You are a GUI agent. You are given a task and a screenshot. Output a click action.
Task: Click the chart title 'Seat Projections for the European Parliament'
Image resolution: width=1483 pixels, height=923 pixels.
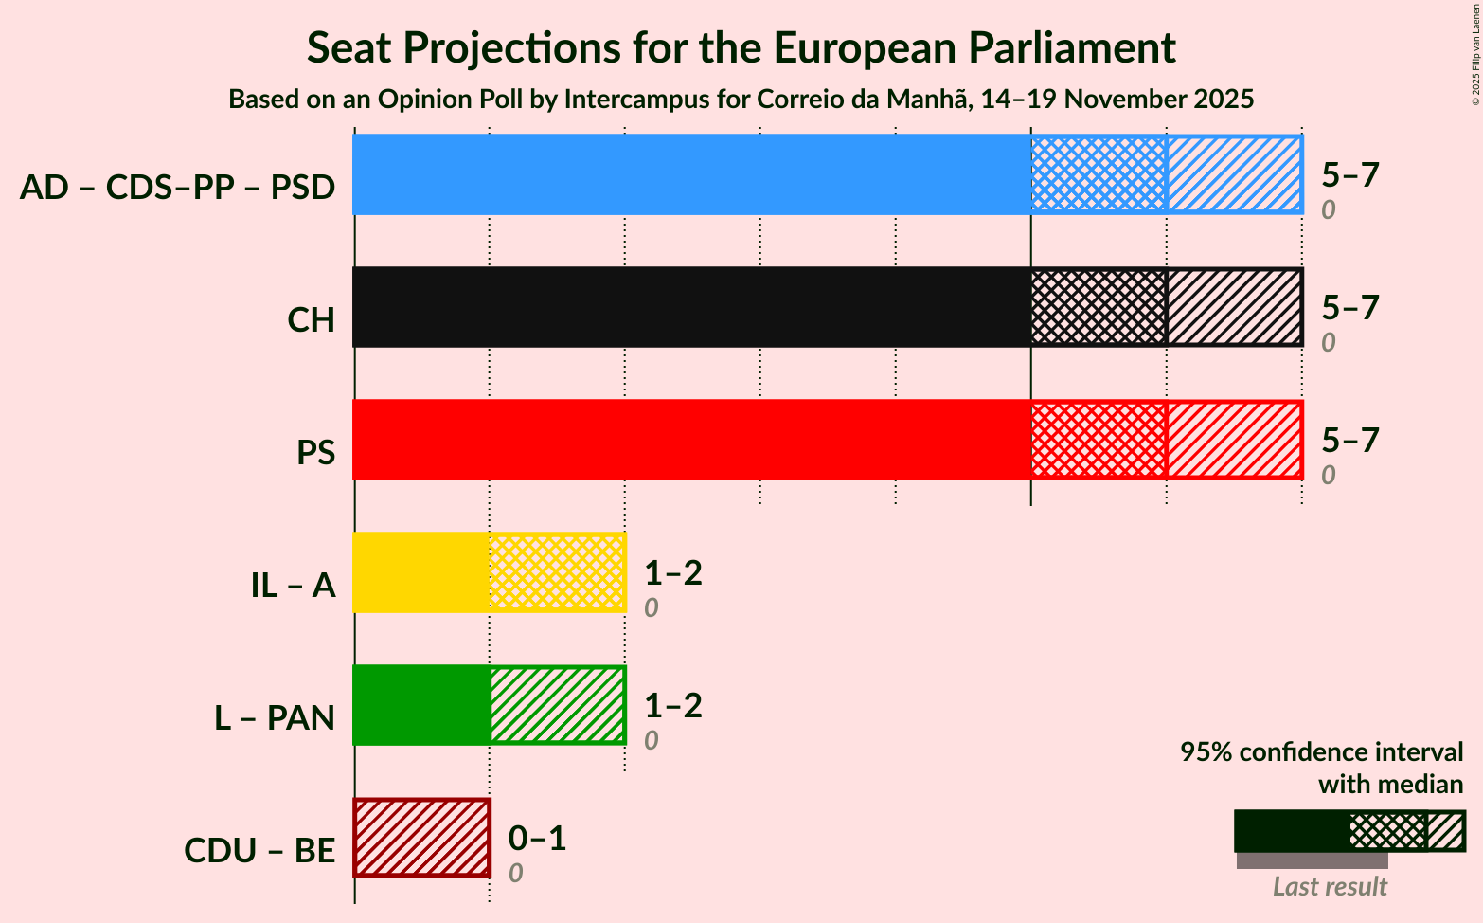(741, 47)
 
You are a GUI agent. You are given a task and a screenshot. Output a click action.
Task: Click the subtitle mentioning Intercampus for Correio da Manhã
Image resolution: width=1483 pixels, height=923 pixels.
(741, 100)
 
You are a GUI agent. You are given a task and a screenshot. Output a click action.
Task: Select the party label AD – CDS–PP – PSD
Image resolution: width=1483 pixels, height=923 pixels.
(177, 188)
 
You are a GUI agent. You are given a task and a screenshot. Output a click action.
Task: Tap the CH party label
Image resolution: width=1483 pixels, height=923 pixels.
(312, 320)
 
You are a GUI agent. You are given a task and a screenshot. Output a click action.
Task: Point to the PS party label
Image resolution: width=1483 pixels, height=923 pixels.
(315, 453)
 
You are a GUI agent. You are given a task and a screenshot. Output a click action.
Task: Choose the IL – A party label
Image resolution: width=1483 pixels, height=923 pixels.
(293, 586)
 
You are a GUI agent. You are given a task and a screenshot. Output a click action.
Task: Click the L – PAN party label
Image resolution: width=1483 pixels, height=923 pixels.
(275, 718)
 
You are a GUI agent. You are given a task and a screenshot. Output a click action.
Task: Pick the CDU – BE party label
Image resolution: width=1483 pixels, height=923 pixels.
(259, 851)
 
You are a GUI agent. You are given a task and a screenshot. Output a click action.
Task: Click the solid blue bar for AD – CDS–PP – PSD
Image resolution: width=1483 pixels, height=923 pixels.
(691, 174)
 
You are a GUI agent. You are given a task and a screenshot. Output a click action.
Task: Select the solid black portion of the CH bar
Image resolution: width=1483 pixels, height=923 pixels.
(691, 307)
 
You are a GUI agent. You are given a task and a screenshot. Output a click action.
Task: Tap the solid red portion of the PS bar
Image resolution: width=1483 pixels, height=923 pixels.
(691, 440)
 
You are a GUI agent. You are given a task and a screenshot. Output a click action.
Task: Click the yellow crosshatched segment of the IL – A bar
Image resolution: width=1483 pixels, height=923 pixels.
(557, 572)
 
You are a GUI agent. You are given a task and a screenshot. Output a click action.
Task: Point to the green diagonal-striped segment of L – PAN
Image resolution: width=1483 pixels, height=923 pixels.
(557, 705)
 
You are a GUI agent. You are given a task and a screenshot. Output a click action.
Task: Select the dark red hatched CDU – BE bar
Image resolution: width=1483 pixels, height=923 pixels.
(421, 838)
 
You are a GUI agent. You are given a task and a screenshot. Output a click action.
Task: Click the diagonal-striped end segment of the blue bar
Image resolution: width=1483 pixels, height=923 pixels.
(1234, 174)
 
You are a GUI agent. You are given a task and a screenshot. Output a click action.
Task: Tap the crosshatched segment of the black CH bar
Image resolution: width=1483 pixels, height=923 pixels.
(1099, 307)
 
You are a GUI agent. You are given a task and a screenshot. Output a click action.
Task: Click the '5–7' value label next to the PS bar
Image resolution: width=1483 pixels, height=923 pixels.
(1350, 440)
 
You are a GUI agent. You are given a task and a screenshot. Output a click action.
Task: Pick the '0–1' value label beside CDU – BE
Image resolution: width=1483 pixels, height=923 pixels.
(537, 838)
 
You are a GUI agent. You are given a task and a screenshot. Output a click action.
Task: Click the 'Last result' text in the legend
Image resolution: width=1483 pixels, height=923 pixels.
(1329, 887)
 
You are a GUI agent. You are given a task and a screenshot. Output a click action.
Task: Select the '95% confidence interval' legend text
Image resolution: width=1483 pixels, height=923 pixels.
(1321, 752)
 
